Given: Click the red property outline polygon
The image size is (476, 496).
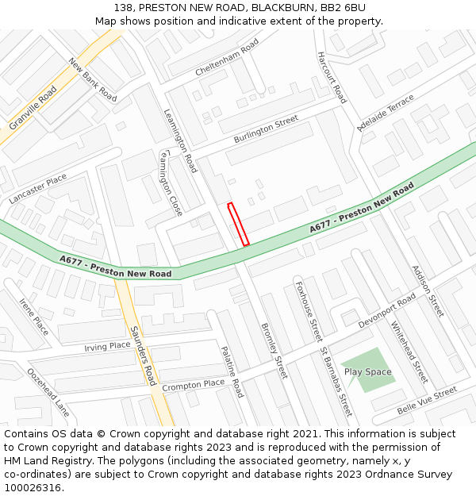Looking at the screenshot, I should (x=239, y=224).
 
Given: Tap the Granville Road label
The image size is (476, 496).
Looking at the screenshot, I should (x=33, y=109).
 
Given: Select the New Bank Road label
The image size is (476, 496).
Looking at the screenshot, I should (x=92, y=79).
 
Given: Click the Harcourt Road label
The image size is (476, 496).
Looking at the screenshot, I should (x=332, y=78).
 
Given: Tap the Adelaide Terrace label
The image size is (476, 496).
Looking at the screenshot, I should (x=386, y=112).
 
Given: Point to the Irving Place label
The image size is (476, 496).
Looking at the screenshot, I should (x=107, y=347).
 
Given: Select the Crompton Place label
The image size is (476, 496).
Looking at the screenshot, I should (x=194, y=385).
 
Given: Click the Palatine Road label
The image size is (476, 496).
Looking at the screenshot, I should (x=231, y=371).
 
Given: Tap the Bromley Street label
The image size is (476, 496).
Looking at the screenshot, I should (x=274, y=350).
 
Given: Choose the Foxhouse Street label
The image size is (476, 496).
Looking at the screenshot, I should (x=309, y=310).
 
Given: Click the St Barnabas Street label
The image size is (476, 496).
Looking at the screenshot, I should (x=336, y=382).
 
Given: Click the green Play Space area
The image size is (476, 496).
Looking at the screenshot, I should (x=368, y=371).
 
